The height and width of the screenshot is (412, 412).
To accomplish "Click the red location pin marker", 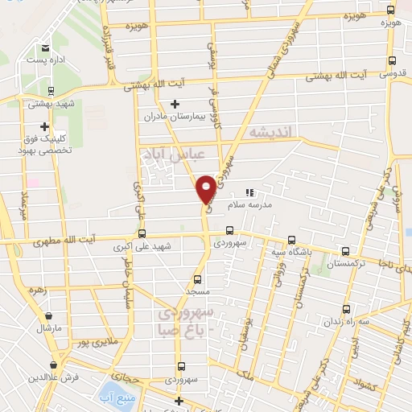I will coord(207,187).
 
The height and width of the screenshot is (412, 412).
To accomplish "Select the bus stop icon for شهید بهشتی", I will coord(51,91).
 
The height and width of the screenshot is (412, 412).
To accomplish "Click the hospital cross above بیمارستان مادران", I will coord(175,103).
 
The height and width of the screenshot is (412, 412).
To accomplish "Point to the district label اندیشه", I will coord(274,131).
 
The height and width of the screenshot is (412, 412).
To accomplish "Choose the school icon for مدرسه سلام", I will coord(249,193).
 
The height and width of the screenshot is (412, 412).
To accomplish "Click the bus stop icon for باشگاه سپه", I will coord(291,239).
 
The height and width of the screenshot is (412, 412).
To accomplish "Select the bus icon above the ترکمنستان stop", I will coord(348,250).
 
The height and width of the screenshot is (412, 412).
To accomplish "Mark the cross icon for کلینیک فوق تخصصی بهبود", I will coord(44,126).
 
